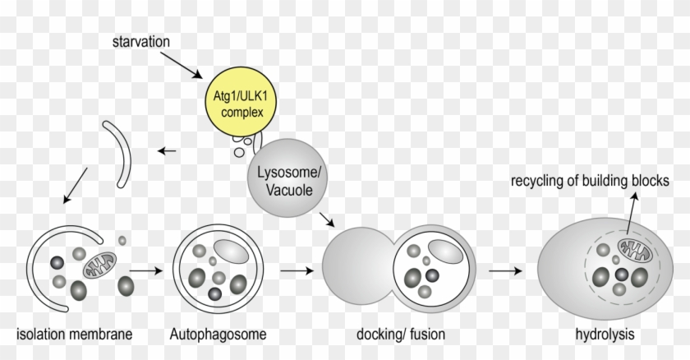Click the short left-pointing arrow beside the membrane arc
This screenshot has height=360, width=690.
coord(168,150)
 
